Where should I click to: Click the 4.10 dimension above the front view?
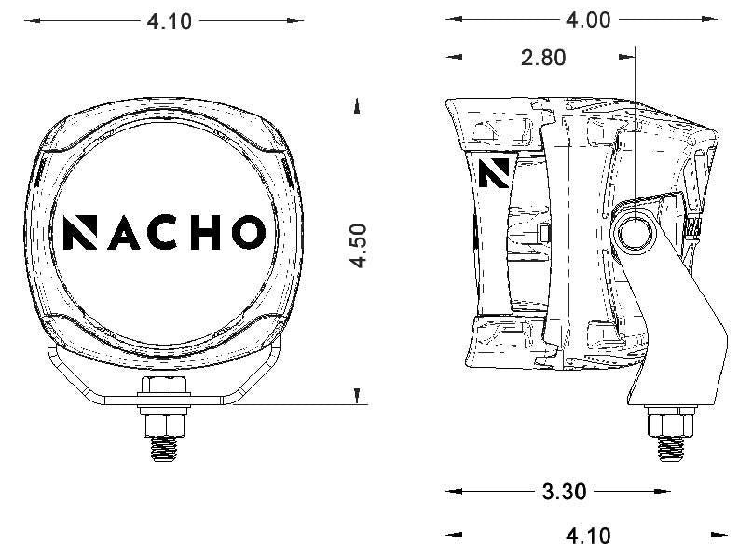170,20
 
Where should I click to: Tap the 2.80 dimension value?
543,58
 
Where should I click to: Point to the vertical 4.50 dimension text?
359,245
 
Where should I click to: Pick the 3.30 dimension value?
564,492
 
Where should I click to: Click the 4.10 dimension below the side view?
588,536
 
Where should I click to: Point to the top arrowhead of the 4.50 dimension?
358,107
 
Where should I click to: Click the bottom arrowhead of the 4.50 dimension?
358,398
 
